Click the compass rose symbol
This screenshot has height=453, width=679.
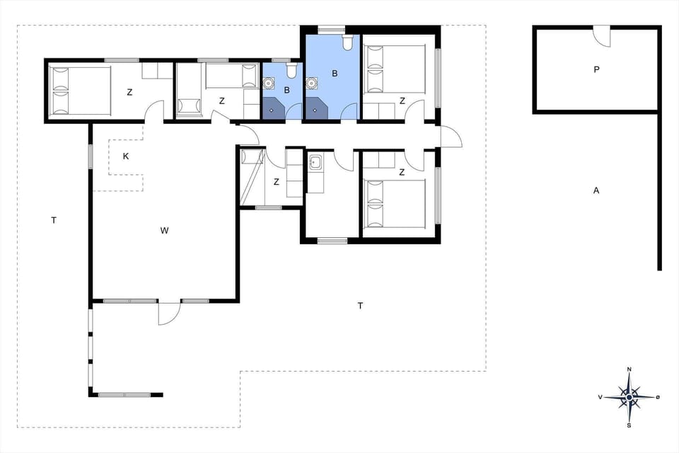[x=628, y=397]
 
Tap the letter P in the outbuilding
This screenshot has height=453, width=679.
[x=596, y=70]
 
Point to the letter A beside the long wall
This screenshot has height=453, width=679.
[x=596, y=190]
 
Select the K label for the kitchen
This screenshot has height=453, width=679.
[x=126, y=156]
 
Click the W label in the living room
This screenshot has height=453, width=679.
[x=164, y=230]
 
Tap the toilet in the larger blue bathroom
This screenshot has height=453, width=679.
[x=347, y=44]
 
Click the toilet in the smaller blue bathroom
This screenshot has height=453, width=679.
[x=291, y=71]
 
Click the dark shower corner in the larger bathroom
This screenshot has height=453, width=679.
[x=316, y=109]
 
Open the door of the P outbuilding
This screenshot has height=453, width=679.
[x=601, y=34]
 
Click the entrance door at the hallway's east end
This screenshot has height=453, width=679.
[x=450, y=136]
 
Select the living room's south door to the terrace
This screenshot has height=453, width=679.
[x=169, y=312]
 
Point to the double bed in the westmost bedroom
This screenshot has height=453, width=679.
[x=81, y=90]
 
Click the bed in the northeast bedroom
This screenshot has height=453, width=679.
[x=394, y=69]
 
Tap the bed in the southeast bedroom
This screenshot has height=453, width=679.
[x=394, y=204]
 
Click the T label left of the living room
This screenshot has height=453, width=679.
[x=54, y=221]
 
